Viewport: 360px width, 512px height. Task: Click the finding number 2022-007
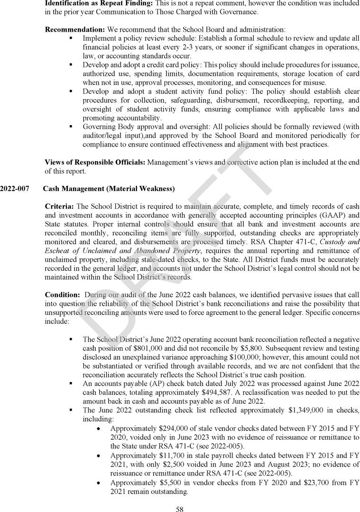(x=14, y=189)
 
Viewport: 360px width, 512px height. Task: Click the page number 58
(x=180, y=509)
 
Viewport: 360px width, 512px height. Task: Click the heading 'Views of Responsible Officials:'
(x=95, y=162)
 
